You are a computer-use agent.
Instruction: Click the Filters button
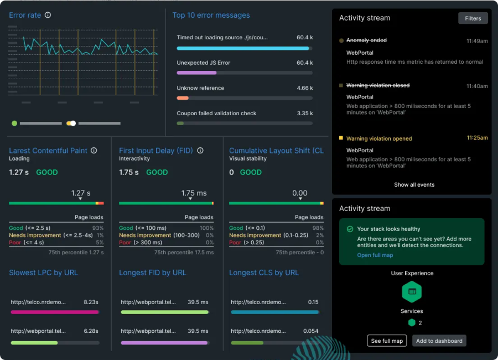pyautogui.click(x=473, y=18)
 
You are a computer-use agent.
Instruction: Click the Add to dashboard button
pyautogui.click(x=439, y=341)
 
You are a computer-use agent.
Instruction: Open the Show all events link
pyautogui.click(x=414, y=184)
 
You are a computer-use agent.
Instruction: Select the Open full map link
pyautogui.click(x=375, y=255)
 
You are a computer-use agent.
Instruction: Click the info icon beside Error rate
pyautogui.click(x=48, y=15)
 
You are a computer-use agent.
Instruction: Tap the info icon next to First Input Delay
pyautogui.click(x=200, y=151)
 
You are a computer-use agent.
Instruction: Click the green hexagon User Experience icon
pyautogui.click(x=412, y=291)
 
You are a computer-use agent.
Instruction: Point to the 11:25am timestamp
pyautogui.click(x=477, y=138)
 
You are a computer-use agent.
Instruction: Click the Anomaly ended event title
pyautogui.click(x=366, y=40)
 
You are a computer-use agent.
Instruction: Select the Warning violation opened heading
pyautogui.click(x=379, y=138)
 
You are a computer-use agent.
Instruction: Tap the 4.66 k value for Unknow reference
pyautogui.click(x=304, y=88)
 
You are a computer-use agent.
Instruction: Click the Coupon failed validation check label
pyautogui.click(x=216, y=113)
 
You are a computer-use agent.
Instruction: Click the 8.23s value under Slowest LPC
pyautogui.click(x=91, y=302)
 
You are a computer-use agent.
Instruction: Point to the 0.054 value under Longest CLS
pyautogui.click(x=310, y=331)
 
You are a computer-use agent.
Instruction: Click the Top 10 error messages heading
pyautogui.click(x=211, y=15)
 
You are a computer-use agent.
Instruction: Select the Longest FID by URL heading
pyautogui.click(x=152, y=272)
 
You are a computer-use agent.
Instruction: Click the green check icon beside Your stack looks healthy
pyautogui.click(x=350, y=229)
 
